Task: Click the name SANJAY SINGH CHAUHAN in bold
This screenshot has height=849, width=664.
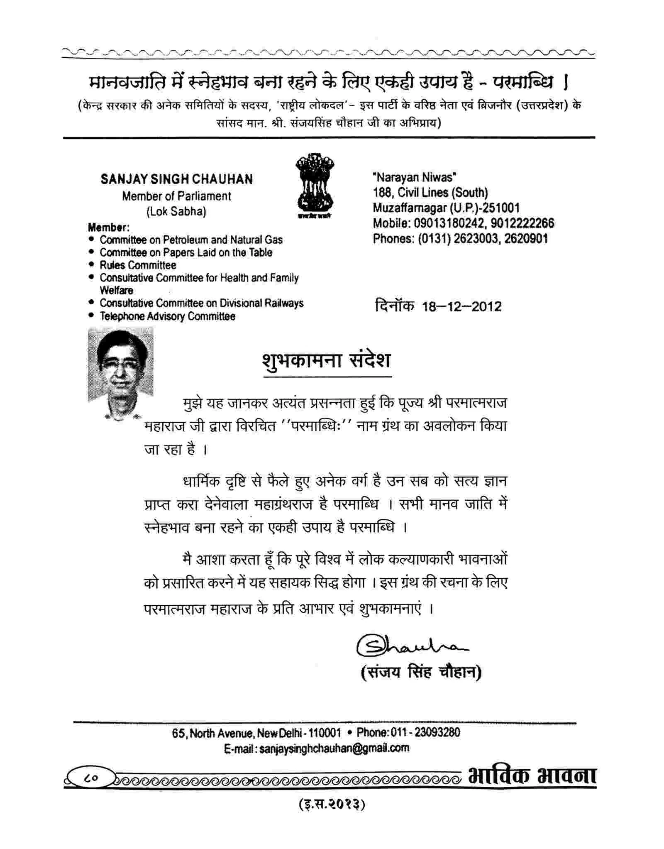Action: (x=176, y=179)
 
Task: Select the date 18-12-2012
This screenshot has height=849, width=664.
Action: (x=461, y=307)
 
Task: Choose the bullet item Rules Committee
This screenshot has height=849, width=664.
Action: (x=138, y=265)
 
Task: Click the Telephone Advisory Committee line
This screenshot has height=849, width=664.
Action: (x=167, y=316)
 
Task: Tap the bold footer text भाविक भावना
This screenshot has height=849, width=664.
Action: (x=532, y=776)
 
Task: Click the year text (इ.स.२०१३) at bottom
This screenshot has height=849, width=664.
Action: (x=332, y=805)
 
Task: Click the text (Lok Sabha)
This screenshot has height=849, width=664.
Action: (x=176, y=211)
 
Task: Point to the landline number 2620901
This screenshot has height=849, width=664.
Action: (x=526, y=239)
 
